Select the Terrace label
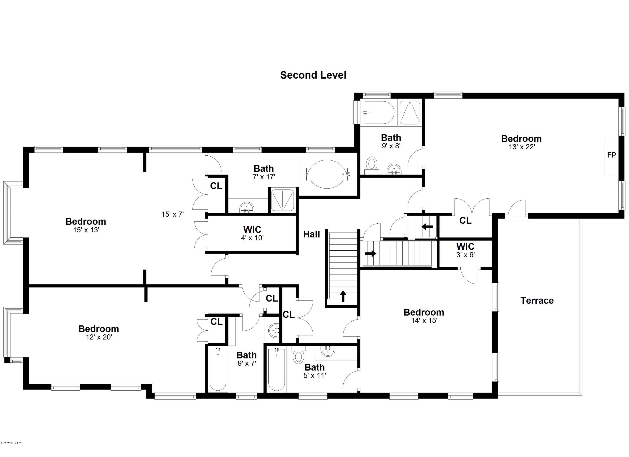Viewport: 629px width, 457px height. pos(537,300)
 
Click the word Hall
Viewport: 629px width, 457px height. pos(311,234)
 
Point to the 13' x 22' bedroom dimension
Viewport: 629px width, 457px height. pos(521,147)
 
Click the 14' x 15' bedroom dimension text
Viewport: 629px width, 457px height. pos(424,321)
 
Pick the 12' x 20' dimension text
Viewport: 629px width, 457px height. pos(99,337)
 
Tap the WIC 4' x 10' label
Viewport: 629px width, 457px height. pos(252,234)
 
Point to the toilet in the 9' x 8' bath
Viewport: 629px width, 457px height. pos(372,164)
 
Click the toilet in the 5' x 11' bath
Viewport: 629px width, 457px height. pos(298,357)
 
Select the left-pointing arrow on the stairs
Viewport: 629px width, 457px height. pos(427,227)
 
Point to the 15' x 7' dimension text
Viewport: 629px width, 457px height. pos(173,214)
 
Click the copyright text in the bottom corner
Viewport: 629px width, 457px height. pos(11,450)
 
